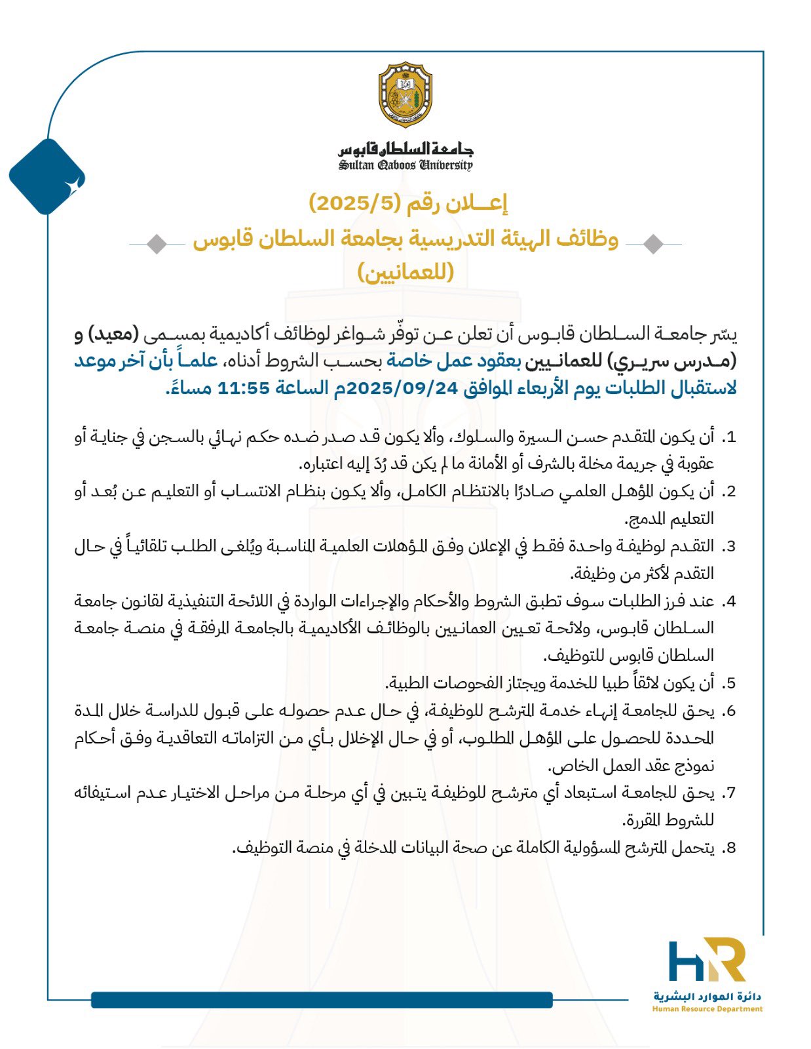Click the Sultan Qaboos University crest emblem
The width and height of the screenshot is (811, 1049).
point(405,95)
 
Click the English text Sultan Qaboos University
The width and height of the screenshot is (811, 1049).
point(405,165)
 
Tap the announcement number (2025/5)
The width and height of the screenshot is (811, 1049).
point(354,204)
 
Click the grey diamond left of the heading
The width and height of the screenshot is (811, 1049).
point(156,244)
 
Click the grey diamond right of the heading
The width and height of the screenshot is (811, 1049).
point(652,244)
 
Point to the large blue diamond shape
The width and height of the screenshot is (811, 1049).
point(47,176)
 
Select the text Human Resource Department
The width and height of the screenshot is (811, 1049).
point(707,1009)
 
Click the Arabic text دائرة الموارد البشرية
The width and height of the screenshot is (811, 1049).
point(707,997)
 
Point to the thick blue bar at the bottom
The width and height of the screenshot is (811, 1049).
point(322,1000)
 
